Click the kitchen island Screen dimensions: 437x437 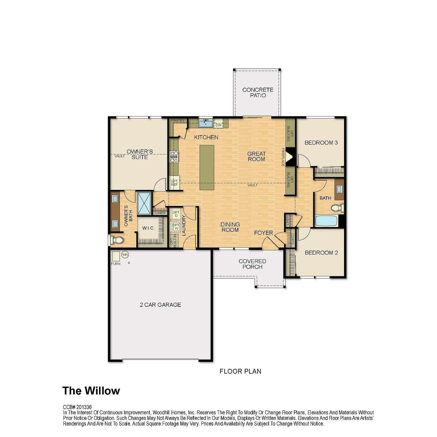pyautogui.click(x=207, y=168)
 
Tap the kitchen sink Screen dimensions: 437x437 pyautogui.click(x=206, y=123)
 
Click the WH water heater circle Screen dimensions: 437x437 pyautogui.click(x=125, y=255)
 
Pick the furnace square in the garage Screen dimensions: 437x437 pyautogui.click(x=116, y=256)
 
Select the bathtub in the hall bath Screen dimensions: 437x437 pyautogui.click(x=326, y=221)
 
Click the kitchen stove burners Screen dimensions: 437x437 pyautogui.click(x=175, y=157)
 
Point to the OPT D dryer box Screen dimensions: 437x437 pyautogui.click(x=176, y=214)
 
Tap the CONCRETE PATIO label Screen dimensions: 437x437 pyautogui.click(x=258, y=92)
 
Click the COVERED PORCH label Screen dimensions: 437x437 pyautogui.click(x=252, y=264)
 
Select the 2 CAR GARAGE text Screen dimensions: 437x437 pyautogui.click(x=161, y=305)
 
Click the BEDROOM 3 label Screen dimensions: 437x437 pyautogui.click(x=321, y=142)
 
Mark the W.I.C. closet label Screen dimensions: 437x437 pyautogui.click(x=149, y=228)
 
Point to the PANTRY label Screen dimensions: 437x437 pyautogui.click(x=178, y=120)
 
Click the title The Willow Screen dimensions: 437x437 pyautogui.click(x=91, y=391)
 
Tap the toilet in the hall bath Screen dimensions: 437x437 pyautogui.click(x=337, y=208)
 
